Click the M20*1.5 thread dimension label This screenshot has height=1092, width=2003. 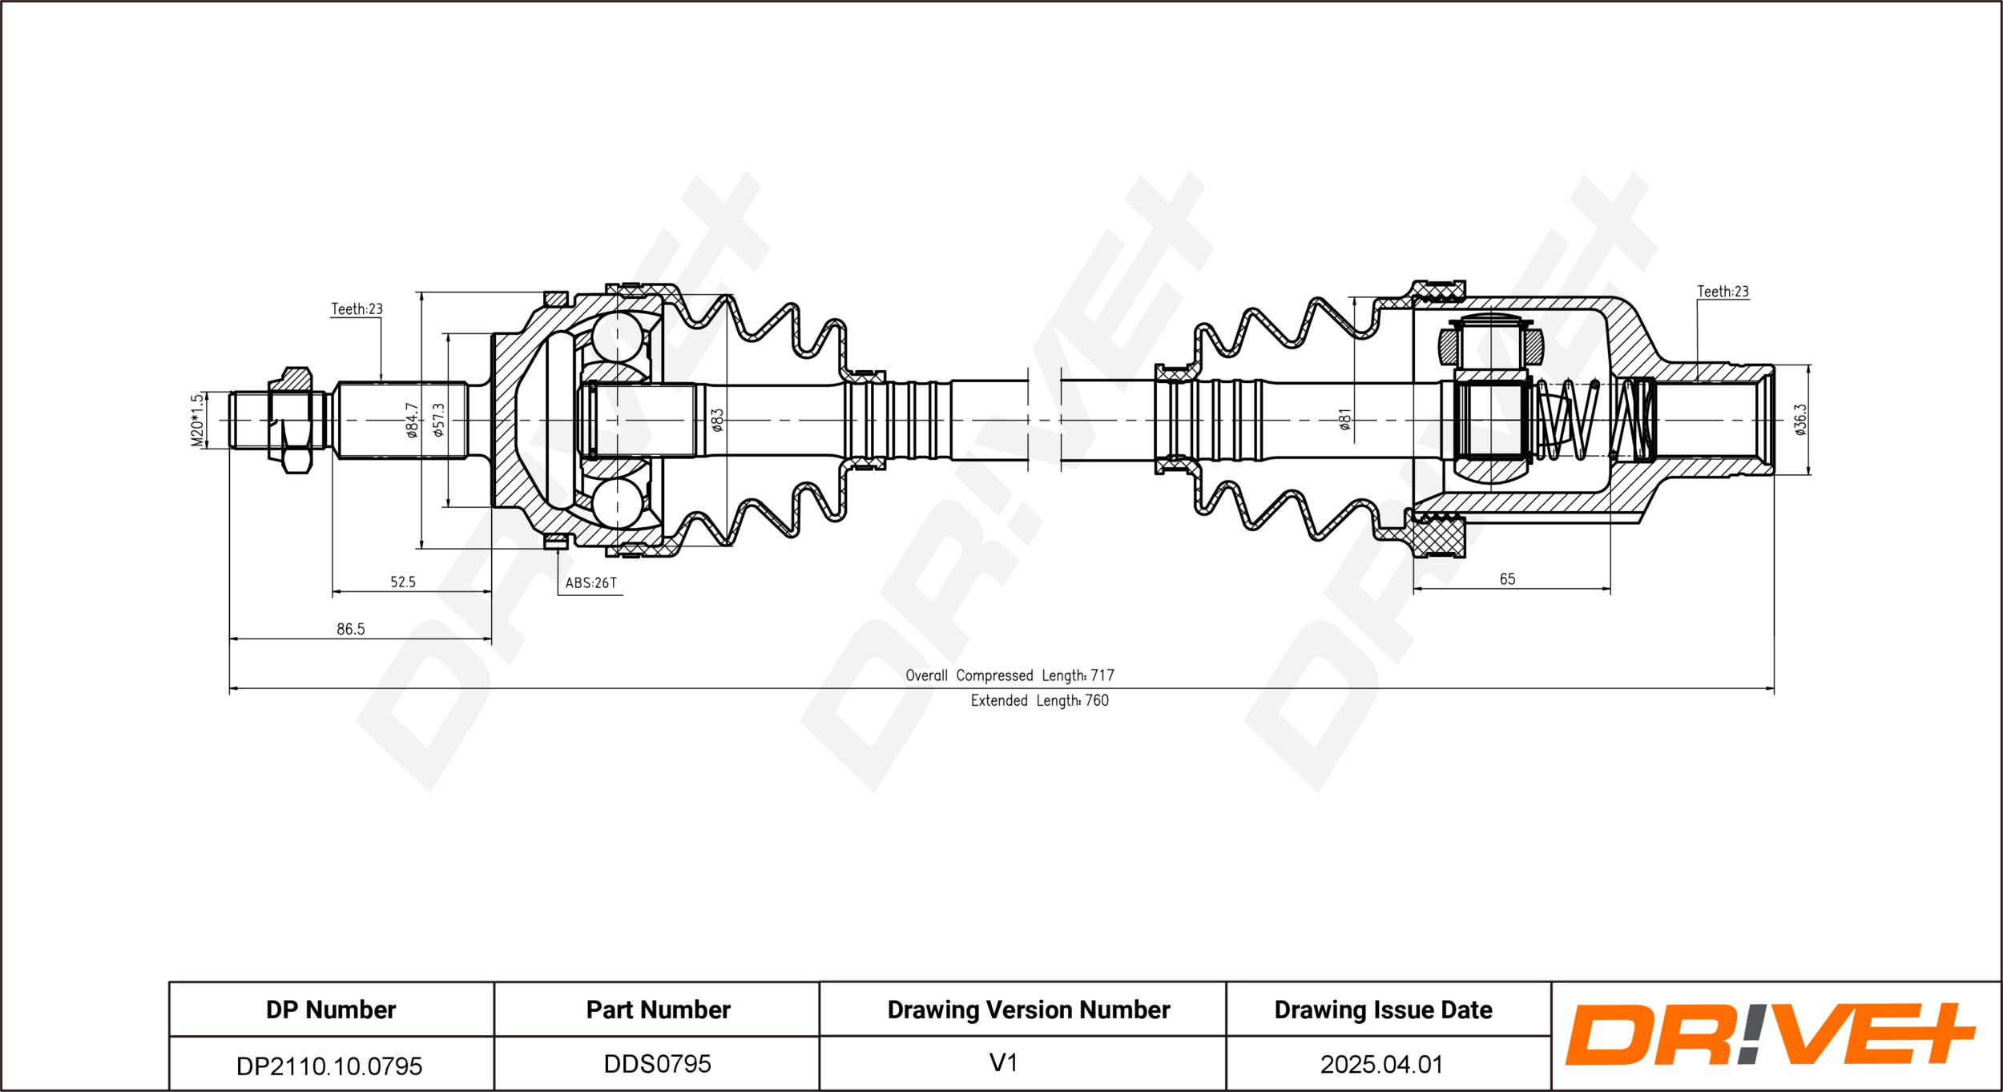click(x=197, y=420)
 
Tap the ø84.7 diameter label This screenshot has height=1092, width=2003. click(x=412, y=420)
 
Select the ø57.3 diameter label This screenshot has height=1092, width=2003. click(x=438, y=420)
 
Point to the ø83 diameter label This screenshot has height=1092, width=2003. click(x=718, y=420)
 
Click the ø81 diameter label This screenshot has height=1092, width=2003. click(x=1345, y=419)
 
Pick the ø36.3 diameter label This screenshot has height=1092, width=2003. click(x=1800, y=419)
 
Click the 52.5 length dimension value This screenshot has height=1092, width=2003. click(x=403, y=582)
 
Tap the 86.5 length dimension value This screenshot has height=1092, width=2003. click(x=350, y=630)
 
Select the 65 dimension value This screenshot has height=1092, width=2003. click(x=1507, y=579)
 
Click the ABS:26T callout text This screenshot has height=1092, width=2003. click(x=591, y=583)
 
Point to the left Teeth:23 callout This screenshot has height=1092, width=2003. click(x=357, y=309)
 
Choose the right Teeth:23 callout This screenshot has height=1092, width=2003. click(x=1723, y=292)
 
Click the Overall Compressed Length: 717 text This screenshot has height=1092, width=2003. click(x=1010, y=675)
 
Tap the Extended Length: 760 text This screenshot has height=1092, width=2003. click(x=1039, y=701)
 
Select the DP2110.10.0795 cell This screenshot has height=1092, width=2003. click(x=329, y=1066)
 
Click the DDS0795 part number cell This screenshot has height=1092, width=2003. click(x=657, y=1064)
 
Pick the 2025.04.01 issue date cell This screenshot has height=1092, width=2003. click(x=1382, y=1065)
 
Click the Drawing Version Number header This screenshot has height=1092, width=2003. click(x=1028, y=1010)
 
